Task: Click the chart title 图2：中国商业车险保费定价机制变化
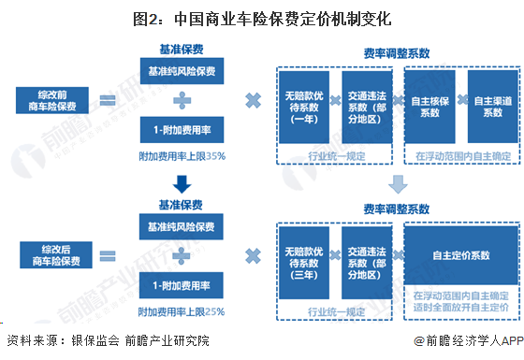[x=262, y=17]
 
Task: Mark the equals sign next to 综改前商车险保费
[x=110, y=100]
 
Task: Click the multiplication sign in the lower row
[x=252, y=254]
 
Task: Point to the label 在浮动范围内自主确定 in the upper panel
[x=461, y=155]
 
